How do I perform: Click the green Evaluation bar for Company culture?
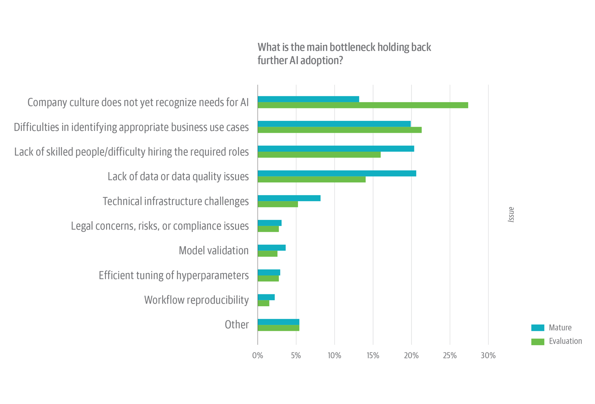(363, 105)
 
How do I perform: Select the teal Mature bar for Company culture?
(308, 99)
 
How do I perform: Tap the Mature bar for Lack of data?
(337, 174)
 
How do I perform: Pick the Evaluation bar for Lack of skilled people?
(319, 155)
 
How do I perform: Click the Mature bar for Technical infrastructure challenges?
(289, 198)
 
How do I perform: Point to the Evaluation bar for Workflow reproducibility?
(263, 303)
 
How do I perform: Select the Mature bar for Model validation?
(272, 248)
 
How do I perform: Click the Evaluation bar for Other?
(278, 328)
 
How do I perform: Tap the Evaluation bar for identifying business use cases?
(340, 130)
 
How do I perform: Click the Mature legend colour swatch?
(538, 327)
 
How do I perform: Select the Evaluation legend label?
(565, 341)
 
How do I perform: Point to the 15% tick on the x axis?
(373, 356)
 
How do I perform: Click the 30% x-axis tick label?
(488, 356)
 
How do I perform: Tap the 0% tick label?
(258, 356)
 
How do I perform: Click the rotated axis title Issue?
(511, 215)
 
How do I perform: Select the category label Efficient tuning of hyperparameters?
(173, 276)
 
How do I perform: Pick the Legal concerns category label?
(159, 226)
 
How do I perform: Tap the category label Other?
(236, 325)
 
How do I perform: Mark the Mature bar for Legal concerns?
(269, 223)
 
